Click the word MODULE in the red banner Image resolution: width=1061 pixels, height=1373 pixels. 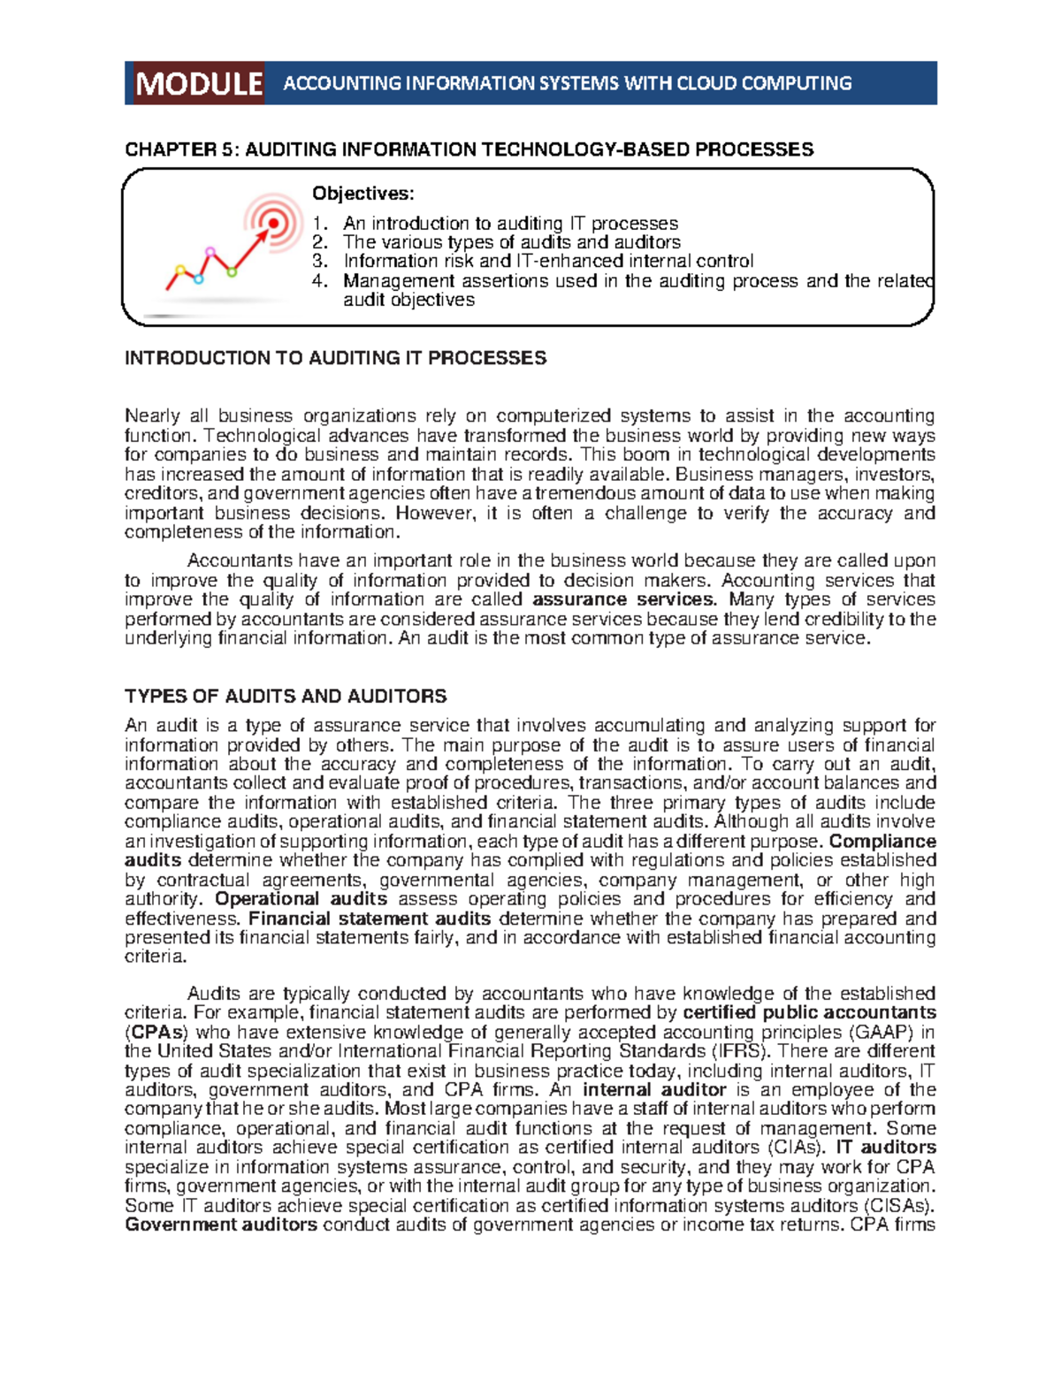pos(199,84)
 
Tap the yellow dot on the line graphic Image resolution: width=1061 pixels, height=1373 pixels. pos(180,269)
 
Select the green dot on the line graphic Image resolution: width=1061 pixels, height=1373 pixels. pos(233,271)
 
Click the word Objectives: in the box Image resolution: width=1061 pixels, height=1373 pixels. pos(363,194)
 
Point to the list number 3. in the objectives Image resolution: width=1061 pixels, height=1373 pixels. pos(320,261)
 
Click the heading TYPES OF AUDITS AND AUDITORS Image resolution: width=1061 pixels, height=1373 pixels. pos(286,696)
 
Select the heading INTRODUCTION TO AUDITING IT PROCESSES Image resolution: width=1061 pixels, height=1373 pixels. pos(335,358)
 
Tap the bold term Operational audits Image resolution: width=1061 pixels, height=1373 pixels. pos(301,899)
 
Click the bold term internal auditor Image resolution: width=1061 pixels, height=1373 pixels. pos(654,1090)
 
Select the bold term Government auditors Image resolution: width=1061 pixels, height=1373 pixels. pos(221,1224)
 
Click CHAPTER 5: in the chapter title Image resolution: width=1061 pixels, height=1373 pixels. pos(181,149)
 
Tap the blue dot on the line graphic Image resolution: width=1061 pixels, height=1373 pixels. pos(199,279)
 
